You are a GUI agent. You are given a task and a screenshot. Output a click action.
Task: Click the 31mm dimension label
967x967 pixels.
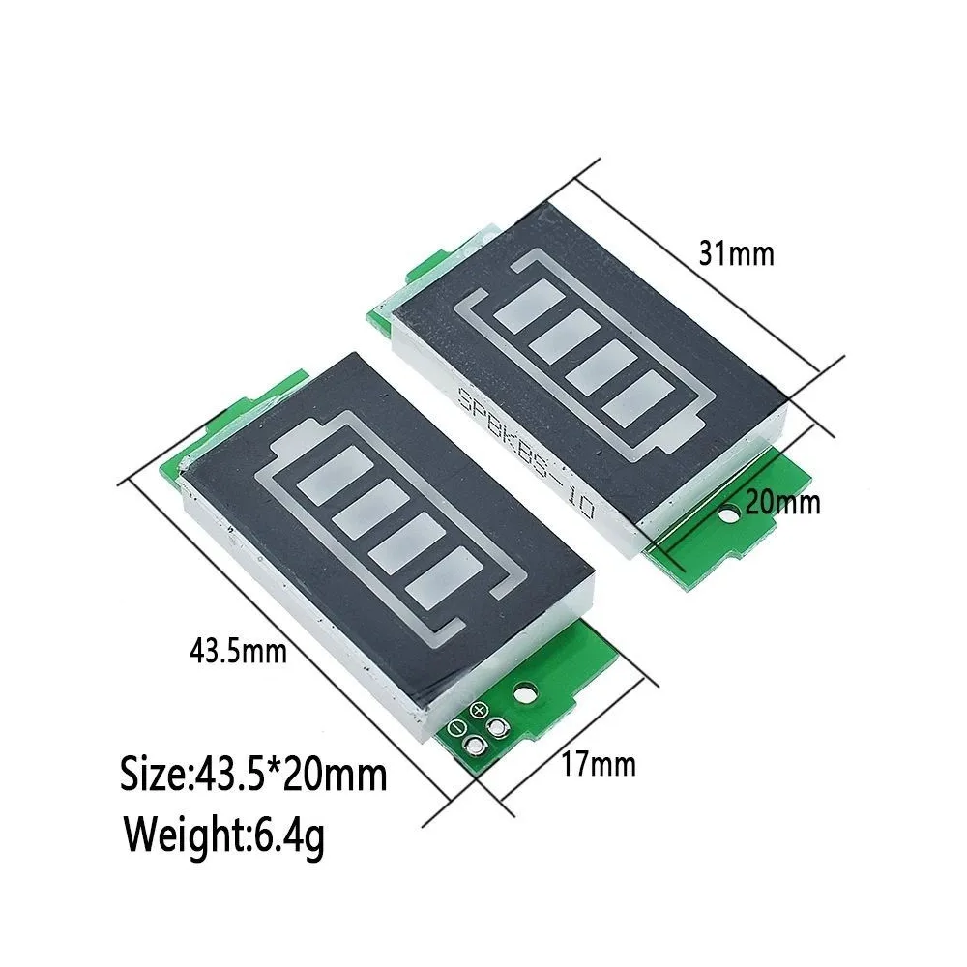click(x=736, y=253)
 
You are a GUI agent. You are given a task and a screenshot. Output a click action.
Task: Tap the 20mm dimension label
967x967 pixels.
click(x=782, y=503)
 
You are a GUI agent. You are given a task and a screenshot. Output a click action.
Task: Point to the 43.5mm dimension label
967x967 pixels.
click(x=238, y=650)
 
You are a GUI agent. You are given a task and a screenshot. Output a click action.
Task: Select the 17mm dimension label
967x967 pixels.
click(x=599, y=765)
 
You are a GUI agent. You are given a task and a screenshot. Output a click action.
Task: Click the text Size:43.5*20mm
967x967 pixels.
click(x=253, y=775)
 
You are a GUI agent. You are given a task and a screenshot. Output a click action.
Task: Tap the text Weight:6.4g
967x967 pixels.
click(x=224, y=835)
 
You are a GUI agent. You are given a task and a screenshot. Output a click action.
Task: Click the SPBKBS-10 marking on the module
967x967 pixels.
click(x=526, y=454)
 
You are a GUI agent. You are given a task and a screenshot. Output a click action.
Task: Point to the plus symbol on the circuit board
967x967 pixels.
click(x=480, y=711)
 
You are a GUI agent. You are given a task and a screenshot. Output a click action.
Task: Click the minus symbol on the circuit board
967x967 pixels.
click(x=457, y=727)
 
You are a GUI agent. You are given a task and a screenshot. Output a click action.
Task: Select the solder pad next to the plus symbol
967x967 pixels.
click(x=496, y=728)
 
